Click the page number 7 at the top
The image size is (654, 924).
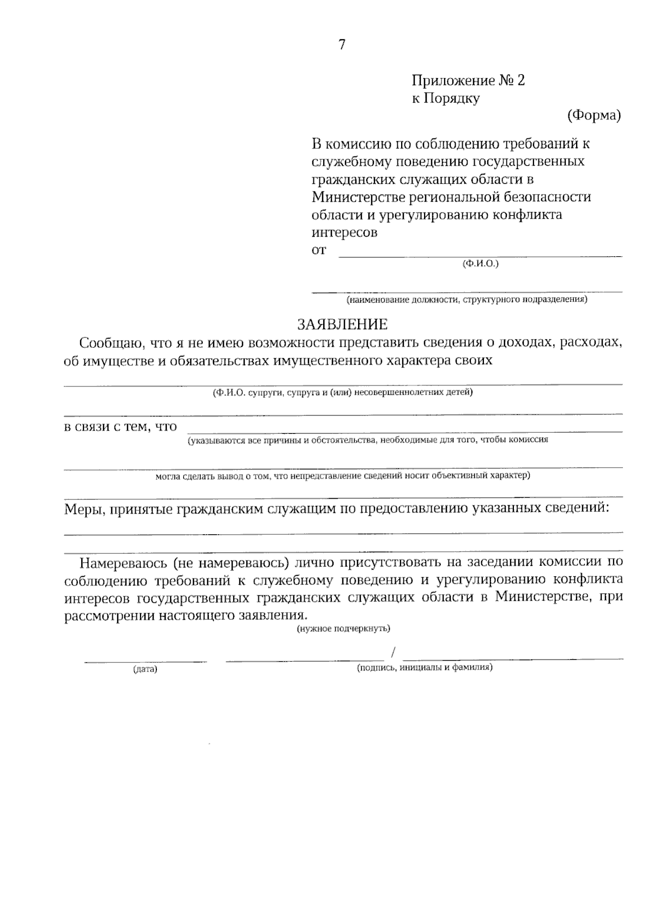tap(342, 45)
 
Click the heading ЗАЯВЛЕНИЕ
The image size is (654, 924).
tap(342, 325)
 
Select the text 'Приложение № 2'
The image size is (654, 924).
tap(468, 81)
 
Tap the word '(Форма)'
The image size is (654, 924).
tap(594, 116)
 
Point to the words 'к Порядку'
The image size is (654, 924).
tap(445, 99)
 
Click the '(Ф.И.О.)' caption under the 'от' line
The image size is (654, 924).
tap(480, 264)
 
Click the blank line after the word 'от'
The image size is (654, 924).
tap(480, 254)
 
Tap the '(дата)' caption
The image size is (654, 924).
tap(145, 669)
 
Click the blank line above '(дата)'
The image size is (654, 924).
tap(145, 661)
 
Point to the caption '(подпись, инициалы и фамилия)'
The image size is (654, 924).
tap(425, 667)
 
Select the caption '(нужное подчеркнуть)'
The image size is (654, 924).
tap(343, 629)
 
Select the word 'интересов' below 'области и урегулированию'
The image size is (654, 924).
tap(344, 233)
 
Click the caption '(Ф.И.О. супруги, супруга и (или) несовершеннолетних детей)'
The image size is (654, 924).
tap(343, 392)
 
